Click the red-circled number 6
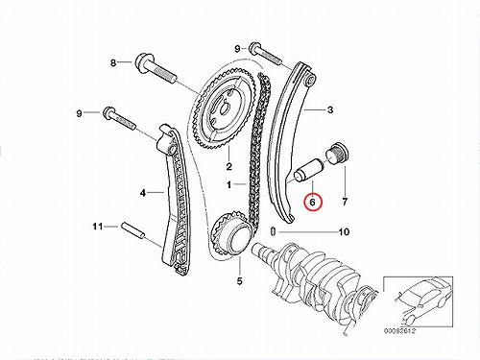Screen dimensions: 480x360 pos(313,202)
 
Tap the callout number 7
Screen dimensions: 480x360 pos(345,202)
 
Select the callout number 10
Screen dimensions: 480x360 pos(344,231)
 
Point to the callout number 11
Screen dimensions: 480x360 pos(98,227)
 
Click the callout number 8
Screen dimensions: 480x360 pos(113,63)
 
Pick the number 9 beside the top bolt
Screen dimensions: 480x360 pos(237,49)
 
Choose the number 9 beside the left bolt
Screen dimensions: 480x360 pos(80,113)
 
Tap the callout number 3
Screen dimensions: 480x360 pos(330,109)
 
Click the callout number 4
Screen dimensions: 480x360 pos(143,193)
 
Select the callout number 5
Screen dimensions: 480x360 pos(240,281)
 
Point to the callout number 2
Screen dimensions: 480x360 pos(229,166)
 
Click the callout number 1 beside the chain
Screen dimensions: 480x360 pos(228,184)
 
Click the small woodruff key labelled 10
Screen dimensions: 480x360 pos(273,230)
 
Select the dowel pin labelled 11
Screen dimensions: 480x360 pos(133,231)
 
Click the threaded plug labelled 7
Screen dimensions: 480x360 pos(337,153)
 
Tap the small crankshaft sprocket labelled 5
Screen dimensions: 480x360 pos(231,234)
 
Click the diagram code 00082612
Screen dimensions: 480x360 pos(399,331)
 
